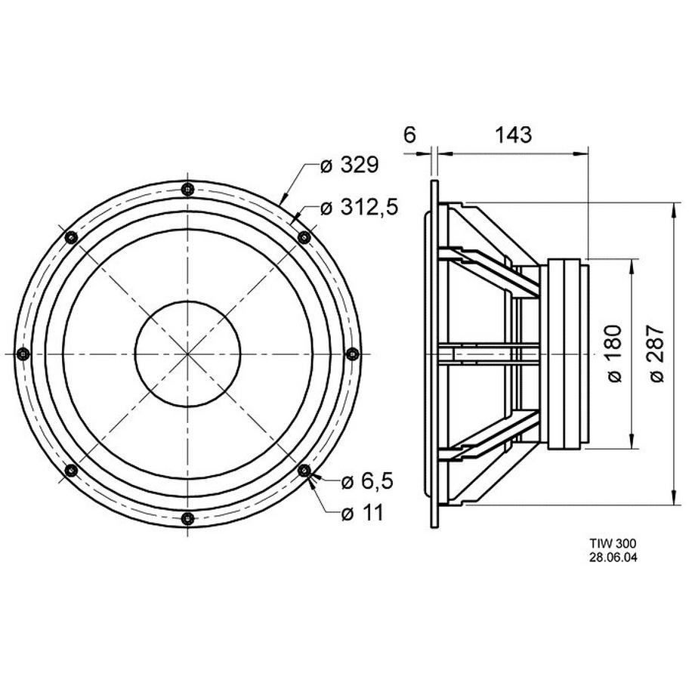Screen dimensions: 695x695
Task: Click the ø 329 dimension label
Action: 348,166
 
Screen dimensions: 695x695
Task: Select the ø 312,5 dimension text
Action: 359,208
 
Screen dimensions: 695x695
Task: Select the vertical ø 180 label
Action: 613,353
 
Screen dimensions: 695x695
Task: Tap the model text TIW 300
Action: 612,543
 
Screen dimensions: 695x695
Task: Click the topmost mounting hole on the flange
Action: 187,189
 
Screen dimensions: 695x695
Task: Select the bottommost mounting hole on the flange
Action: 187,517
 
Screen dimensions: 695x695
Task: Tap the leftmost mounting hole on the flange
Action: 23,353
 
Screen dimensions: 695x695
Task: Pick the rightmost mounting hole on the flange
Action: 351,353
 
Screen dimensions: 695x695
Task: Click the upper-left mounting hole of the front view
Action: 71,236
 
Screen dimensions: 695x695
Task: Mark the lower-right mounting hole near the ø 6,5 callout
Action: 304,470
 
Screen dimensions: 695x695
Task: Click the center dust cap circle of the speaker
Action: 187,353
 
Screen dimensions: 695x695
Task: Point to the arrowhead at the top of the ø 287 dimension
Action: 673,208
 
